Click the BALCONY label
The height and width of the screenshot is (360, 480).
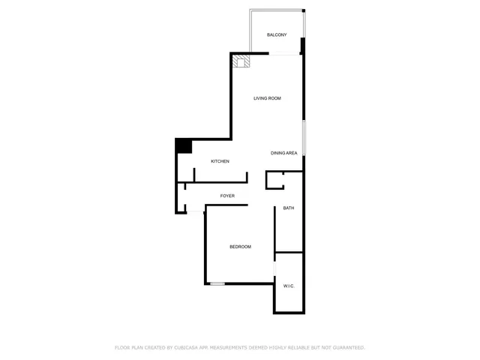click(x=277, y=35)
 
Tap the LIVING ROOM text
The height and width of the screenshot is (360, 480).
click(x=267, y=98)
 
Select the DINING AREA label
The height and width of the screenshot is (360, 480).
click(x=284, y=153)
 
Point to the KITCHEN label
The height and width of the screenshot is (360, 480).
click(x=220, y=161)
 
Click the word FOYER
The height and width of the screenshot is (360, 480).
click(x=227, y=196)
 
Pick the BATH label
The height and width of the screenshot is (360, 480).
click(x=288, y=208)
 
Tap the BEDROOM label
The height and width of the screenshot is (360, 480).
click(x=240, y=247)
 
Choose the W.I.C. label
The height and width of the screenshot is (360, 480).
click(x=289, y=286)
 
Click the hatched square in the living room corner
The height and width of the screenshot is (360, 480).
click(x=241, y=61)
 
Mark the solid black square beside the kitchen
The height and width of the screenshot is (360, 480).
click(x=183, y=146)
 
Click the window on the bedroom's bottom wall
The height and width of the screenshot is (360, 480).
click(x=217, y=283)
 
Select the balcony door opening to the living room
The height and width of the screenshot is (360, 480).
click(x=285, y=52)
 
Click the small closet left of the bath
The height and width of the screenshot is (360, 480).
click(x=275, y=180)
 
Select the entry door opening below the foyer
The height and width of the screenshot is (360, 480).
click(x=194, y=213)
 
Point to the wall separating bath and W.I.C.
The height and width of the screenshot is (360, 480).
click(x=289, y=252)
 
